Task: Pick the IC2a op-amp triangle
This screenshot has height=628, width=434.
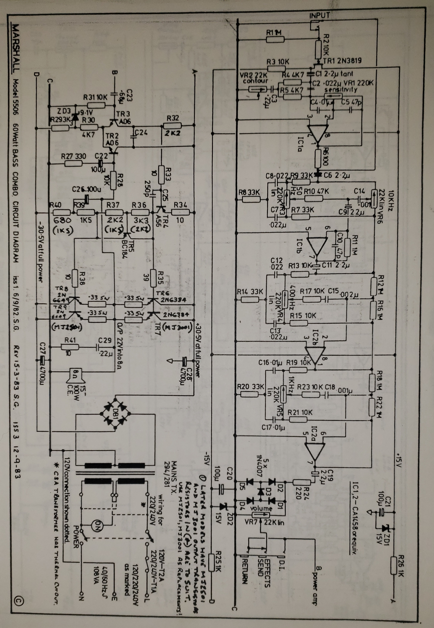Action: pos(315,451)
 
